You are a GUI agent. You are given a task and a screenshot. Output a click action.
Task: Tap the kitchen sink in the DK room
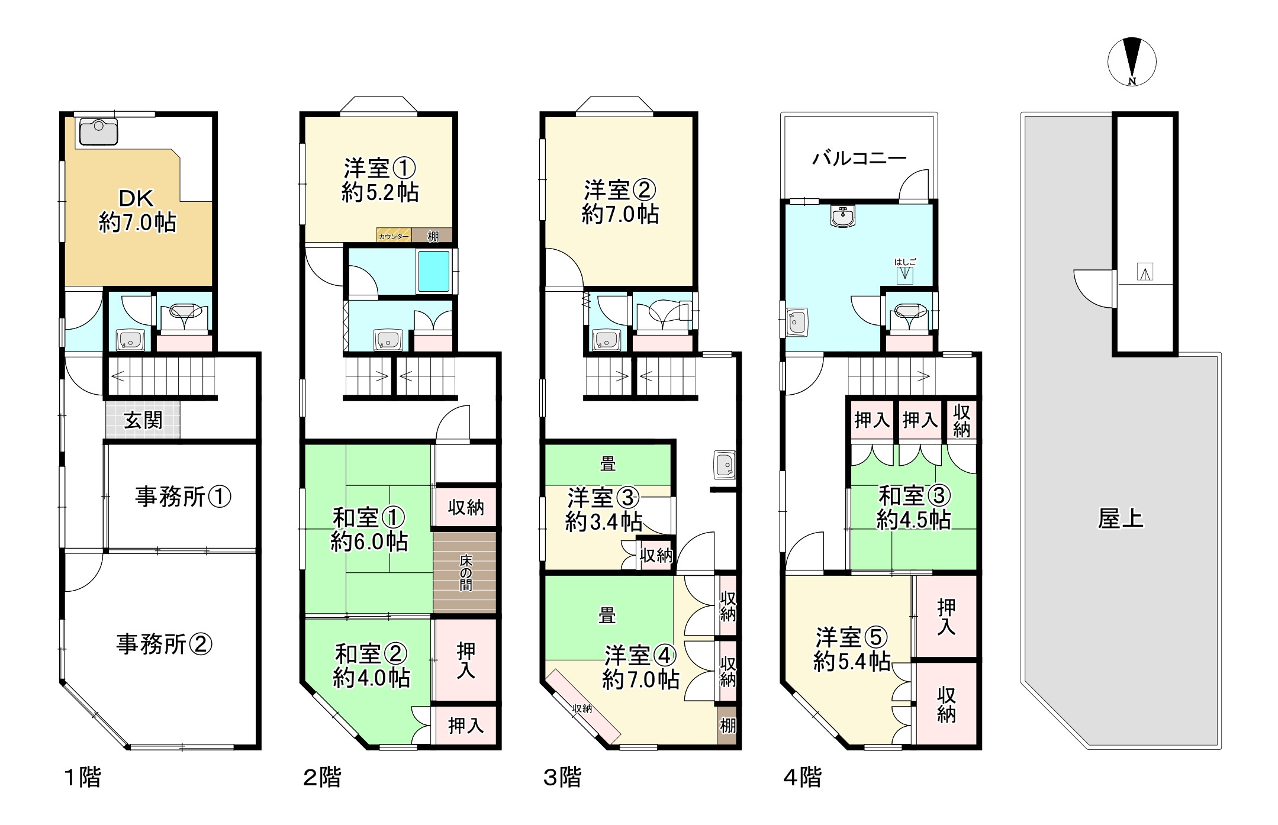(98, 132)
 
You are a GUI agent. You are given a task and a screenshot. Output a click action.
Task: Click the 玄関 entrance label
(143, 420)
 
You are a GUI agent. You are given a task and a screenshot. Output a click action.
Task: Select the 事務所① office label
(182, 497)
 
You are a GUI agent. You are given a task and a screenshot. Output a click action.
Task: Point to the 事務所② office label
(164, 644)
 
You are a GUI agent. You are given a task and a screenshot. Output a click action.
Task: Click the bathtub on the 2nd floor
(434, 272)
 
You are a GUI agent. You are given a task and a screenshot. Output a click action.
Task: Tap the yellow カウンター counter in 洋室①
(394, 236)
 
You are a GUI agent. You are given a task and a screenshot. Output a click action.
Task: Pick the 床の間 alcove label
(465, 572)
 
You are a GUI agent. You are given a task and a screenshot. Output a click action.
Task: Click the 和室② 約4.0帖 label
(371, 666)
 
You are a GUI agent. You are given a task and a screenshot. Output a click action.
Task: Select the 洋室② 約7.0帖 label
(620, 202)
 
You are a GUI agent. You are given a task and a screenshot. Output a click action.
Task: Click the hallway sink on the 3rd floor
(725, 465)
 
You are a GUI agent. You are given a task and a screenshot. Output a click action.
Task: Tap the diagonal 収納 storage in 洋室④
(584, 707)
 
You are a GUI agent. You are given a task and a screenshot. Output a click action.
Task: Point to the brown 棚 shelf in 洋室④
(727, 724)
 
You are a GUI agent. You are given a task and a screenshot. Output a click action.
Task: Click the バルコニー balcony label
(859, 158)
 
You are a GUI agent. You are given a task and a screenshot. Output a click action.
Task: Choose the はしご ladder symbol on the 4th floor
(904, 272)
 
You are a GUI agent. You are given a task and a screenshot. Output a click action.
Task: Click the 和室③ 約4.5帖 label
(913, 507)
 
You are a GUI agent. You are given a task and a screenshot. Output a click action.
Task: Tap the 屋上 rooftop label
(1120, 518)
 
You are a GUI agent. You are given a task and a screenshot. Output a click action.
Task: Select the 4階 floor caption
(802, 777)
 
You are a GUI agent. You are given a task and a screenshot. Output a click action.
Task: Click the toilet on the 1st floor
(185, 314)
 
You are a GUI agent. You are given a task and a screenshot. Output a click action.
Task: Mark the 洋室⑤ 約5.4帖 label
(852, 649)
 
